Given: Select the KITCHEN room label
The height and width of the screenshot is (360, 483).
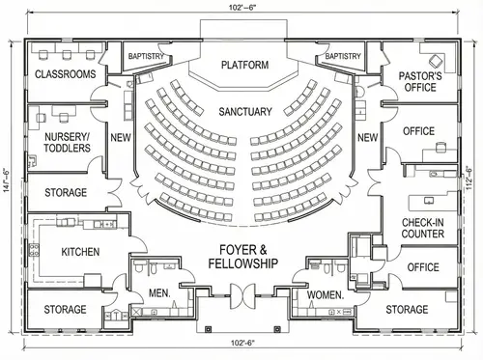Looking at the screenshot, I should tap(80, 252).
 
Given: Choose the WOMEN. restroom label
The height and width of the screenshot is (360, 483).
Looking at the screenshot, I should tap(327, 293).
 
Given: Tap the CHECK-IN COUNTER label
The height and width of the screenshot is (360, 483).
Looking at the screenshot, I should tap(423, 229).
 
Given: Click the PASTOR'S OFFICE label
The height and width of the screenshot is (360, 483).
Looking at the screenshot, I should tap(420, 81).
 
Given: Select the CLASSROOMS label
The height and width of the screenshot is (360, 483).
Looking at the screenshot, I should tap(65, 74).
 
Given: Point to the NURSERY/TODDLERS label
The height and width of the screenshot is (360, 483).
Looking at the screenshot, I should tap(68, 143).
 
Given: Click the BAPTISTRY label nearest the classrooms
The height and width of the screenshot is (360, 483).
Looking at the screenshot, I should tap(145, 56).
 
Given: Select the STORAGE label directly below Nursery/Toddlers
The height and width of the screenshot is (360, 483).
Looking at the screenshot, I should tap(66, 192).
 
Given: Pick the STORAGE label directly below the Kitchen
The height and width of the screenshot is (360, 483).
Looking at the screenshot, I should tap(66, 310).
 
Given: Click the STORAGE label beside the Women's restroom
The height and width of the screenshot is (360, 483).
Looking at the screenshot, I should tap(407, 310).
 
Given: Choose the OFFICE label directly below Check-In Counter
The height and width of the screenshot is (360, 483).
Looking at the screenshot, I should tap(422, 267).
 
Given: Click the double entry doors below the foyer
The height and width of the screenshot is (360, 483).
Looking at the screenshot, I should tap(241, 291).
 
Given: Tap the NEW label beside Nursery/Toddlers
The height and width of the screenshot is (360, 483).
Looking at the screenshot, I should tap(120, 138).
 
